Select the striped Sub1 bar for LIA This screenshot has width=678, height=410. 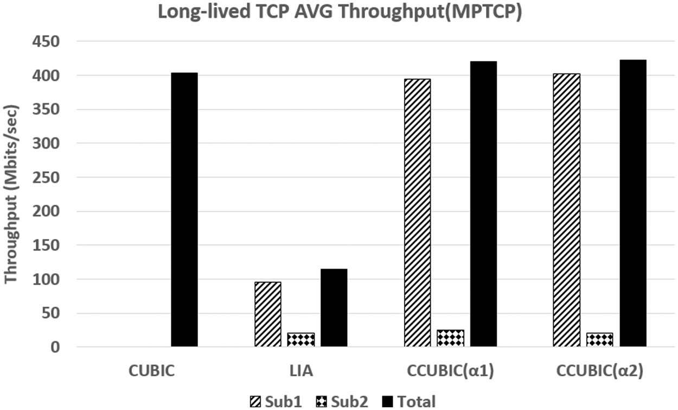point(268,314)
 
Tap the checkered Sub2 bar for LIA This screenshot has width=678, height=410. point(301,340)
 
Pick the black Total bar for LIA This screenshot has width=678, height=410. point(334,308)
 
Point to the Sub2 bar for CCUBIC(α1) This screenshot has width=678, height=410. point(450,338)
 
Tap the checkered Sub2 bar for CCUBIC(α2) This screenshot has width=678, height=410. point(600,340)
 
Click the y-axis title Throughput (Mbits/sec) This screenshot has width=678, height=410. point(11,194)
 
